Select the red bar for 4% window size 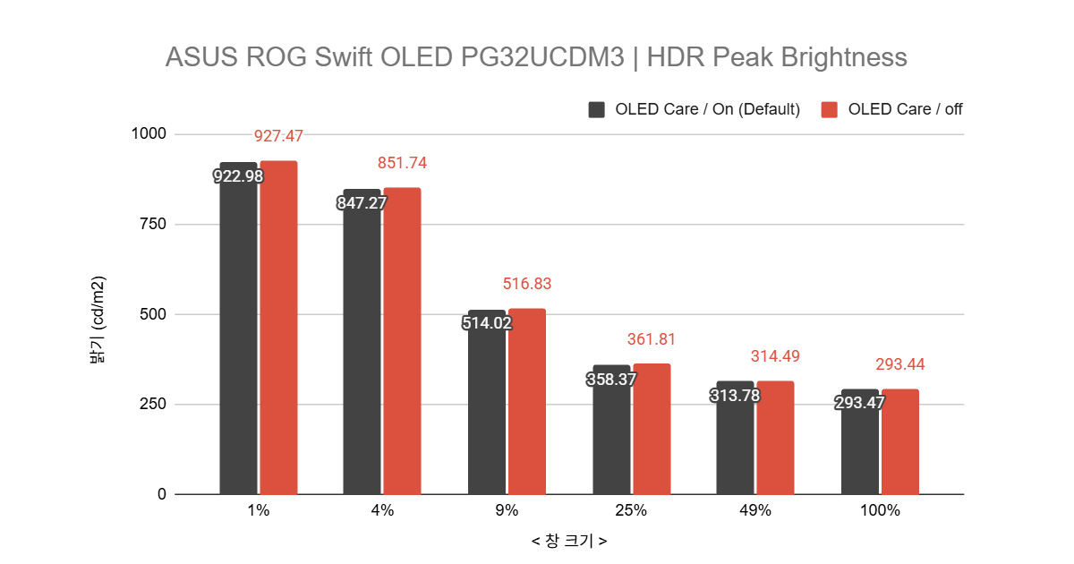tap(402, 341)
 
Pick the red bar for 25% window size tap(652, 429)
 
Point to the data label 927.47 tap(278, 136)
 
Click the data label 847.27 tap(362, 203)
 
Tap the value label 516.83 tap(527, 284)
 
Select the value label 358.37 tap(612, 380)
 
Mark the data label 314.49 tap(775, 356)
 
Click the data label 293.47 tap(859, 403)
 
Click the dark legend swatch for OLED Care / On tap(597, 109)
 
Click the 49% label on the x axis tap(755, 511)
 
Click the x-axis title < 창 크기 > tap(569, 542)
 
